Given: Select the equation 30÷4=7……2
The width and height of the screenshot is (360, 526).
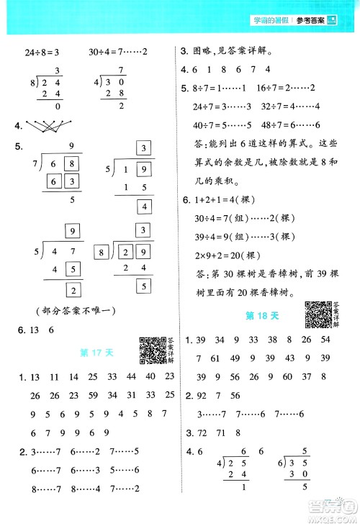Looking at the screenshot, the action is (x=118, y=52).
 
